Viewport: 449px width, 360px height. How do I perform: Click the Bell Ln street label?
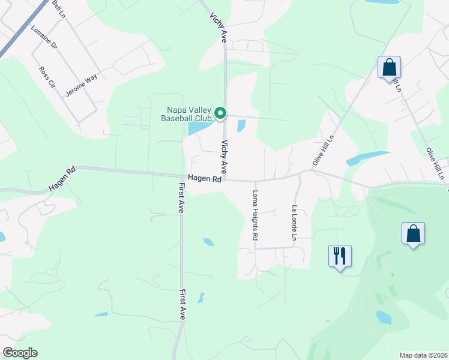click(59, 8)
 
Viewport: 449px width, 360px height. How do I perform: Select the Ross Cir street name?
click(46, 78)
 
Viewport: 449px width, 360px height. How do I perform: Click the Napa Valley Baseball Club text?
click(187, 114)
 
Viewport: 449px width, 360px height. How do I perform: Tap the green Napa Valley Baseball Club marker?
click(220, 113)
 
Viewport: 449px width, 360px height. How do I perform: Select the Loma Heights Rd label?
click(255, 216)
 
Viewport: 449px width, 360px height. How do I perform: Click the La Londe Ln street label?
click(295, 223)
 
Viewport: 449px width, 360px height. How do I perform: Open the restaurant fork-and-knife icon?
click(340, 256)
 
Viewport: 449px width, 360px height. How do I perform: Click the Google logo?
click(20, 353)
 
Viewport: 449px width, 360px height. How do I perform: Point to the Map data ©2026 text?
click(424, 355)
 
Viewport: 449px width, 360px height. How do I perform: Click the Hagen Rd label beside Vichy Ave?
click(205, 178)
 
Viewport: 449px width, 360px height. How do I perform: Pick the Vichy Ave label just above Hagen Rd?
click(224, 156)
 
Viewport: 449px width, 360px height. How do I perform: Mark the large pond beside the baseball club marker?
click(200, 127)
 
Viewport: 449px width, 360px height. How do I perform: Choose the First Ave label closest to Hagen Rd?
click(181, 199)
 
